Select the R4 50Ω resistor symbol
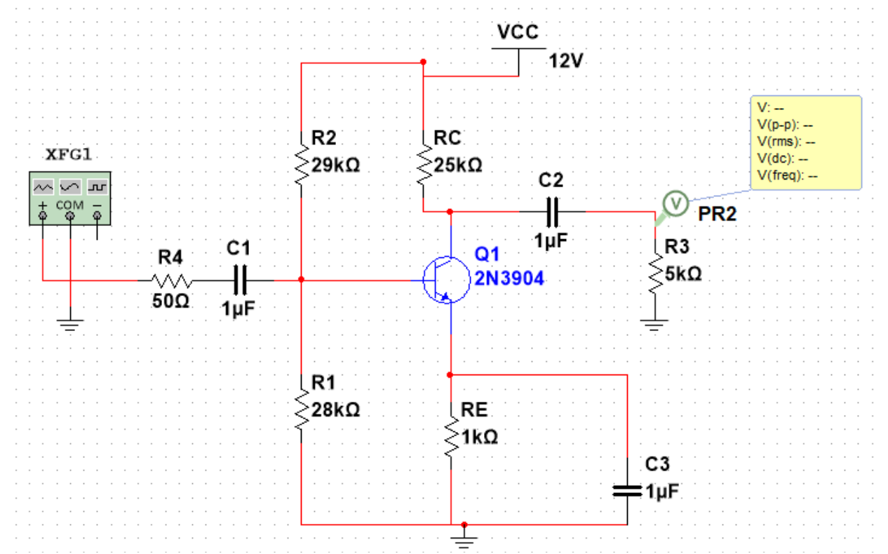tap(170, 280)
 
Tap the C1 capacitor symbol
tap(241, 280)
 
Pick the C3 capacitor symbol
tap(627, 490)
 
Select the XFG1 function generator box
tap(69, 198)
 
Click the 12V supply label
tap(566, 61)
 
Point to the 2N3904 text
tap(509, 279)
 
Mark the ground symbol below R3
tap(654, 323)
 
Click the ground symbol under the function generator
tap(70, 323)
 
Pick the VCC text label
tap(518, 33)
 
